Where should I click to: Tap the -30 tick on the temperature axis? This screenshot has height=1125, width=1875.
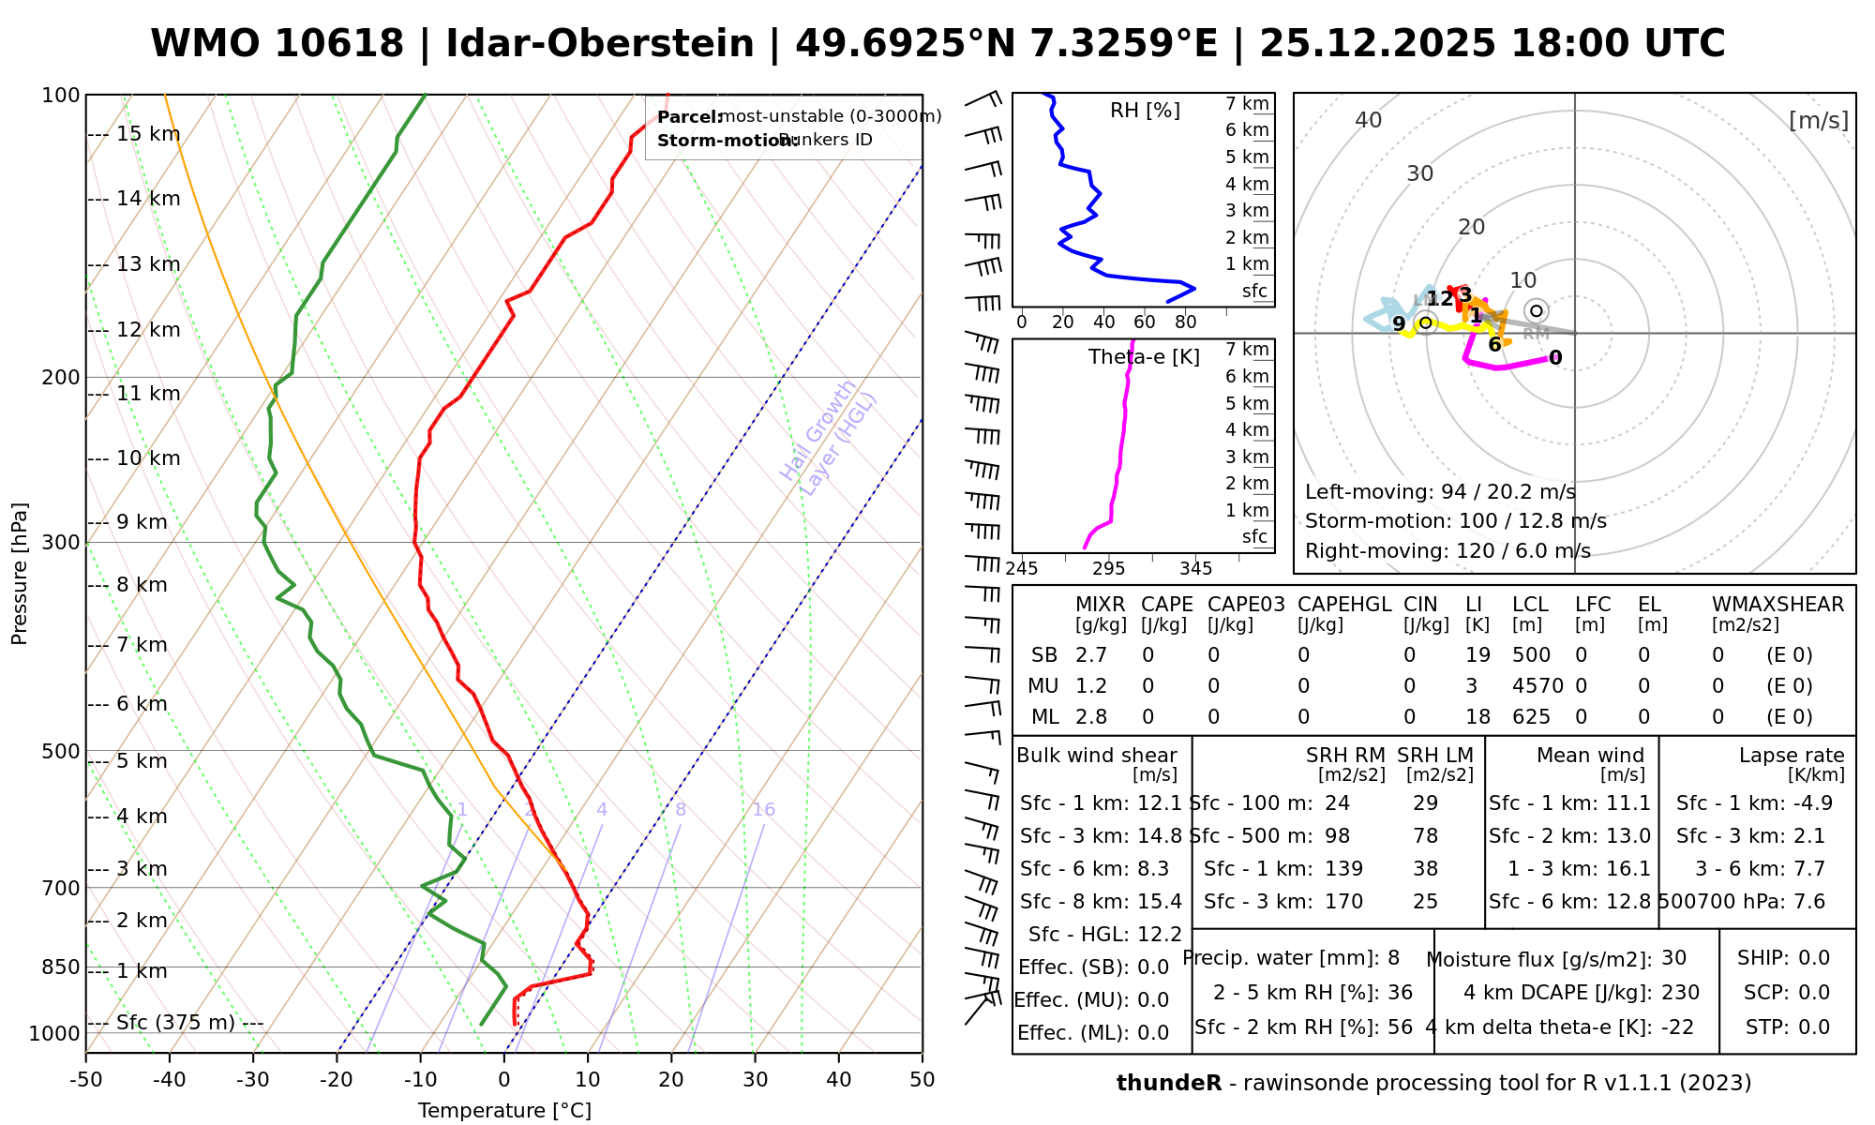coord(253,1080)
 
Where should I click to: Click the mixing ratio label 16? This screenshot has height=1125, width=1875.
coord(763,810)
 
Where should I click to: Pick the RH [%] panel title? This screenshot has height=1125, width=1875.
coord(1145,111)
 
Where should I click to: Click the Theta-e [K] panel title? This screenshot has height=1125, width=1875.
coord(1144,357)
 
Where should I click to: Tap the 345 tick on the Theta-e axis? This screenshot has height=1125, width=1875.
coord(1195,569)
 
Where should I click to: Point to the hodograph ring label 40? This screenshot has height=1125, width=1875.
coord(1369,120)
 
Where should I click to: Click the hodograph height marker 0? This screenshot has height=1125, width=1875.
coord(1555,358)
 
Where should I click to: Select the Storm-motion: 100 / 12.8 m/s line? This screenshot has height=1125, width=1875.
coord(1455,521)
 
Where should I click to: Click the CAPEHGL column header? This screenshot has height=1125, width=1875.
coord(1344,605)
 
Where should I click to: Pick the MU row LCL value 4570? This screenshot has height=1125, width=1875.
coord(1537,686)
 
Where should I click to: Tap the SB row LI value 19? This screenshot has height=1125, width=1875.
coord(1477,655)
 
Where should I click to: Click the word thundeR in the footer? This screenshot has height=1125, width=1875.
coord(1169,1084)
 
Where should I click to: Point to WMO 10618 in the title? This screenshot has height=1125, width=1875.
coord(277,44)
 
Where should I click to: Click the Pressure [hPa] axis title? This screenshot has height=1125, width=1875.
coord(20,574)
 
